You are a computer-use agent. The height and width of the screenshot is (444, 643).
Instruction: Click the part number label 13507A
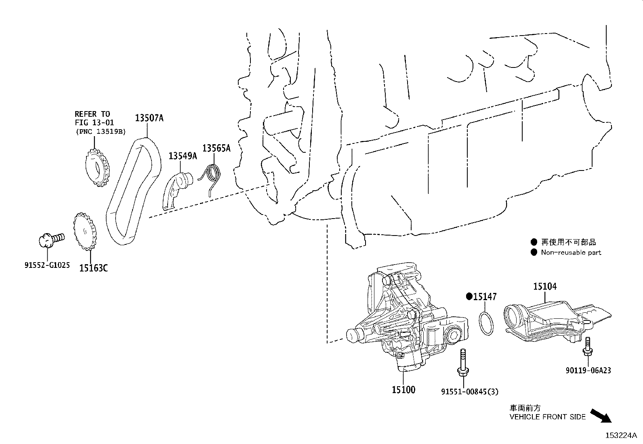point(149,118)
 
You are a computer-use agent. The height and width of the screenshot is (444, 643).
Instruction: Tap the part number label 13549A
point(183,156)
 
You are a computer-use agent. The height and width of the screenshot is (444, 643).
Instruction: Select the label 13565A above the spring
point(216,148)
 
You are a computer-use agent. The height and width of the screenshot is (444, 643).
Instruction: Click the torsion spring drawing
point(212,176)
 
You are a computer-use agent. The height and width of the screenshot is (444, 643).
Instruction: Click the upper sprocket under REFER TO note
point(97,167)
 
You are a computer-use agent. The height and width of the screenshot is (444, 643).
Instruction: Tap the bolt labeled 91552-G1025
point(50,239)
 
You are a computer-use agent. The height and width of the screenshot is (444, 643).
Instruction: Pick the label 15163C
point(93,268)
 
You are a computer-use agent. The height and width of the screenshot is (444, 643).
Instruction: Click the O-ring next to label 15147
point(486,323)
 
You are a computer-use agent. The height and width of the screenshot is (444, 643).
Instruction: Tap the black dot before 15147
point(469,297)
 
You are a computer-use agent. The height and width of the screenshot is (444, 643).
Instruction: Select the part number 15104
point(545,286)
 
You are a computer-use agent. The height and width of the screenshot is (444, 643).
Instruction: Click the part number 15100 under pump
point(403,390)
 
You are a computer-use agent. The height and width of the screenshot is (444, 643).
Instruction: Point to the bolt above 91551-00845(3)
point(462,364)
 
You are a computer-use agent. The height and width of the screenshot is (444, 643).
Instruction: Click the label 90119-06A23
point(588,370)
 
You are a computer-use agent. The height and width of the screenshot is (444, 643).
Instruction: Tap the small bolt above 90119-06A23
point(587,348)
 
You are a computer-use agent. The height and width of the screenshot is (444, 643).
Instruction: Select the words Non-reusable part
point(571,253)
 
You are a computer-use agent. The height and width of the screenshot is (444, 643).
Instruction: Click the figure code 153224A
point(621,436)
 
